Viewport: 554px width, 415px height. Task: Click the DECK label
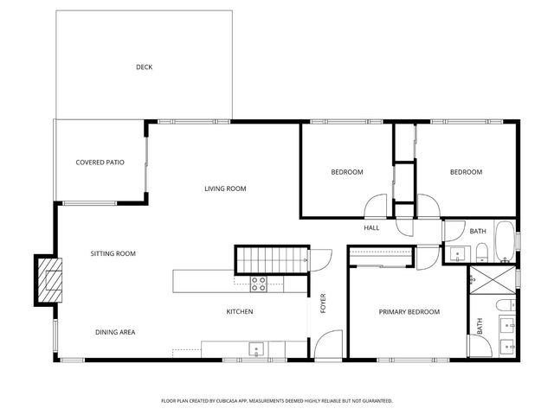click(x=144, y=67)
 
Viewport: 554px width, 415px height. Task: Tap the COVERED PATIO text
click(x=100, y=162)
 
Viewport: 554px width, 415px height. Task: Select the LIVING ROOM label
click(x=226, y=188)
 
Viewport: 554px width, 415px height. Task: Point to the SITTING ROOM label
click(x=113, y=253)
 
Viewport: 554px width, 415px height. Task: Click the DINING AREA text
click(x=114, y=332)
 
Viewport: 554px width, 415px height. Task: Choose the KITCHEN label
click(x=240, y=311)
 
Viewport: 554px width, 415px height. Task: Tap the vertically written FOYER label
click(x=323, y=303)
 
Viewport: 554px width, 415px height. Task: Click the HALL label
click(x=371, y=227)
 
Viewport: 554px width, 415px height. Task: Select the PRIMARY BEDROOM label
click(x=409, y=311)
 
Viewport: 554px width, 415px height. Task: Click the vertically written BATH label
click(x=479, y=326)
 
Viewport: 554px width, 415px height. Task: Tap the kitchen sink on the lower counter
click(x=255, y=348)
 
